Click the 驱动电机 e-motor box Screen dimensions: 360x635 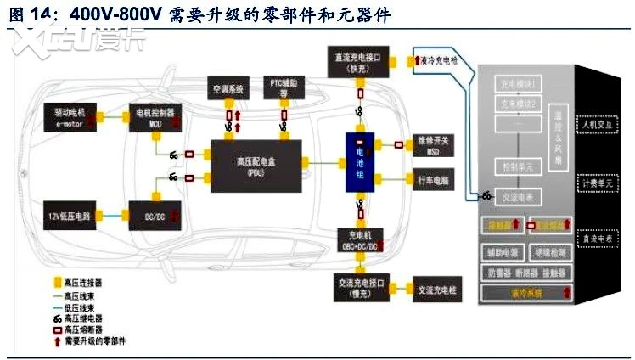71,117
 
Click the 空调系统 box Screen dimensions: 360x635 228,88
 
